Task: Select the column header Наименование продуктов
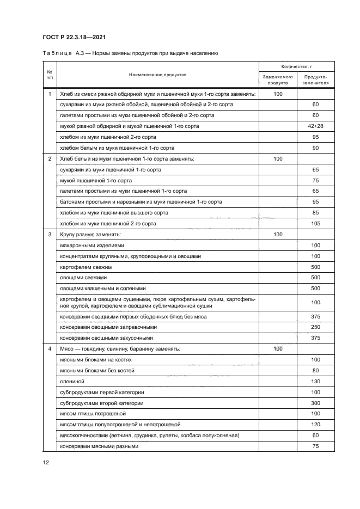(157, 75)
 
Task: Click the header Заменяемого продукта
(278, 80)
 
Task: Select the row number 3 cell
(50, 235)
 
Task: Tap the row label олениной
(71, 381)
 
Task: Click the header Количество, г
(296, 66)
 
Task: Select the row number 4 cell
(50, 348)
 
